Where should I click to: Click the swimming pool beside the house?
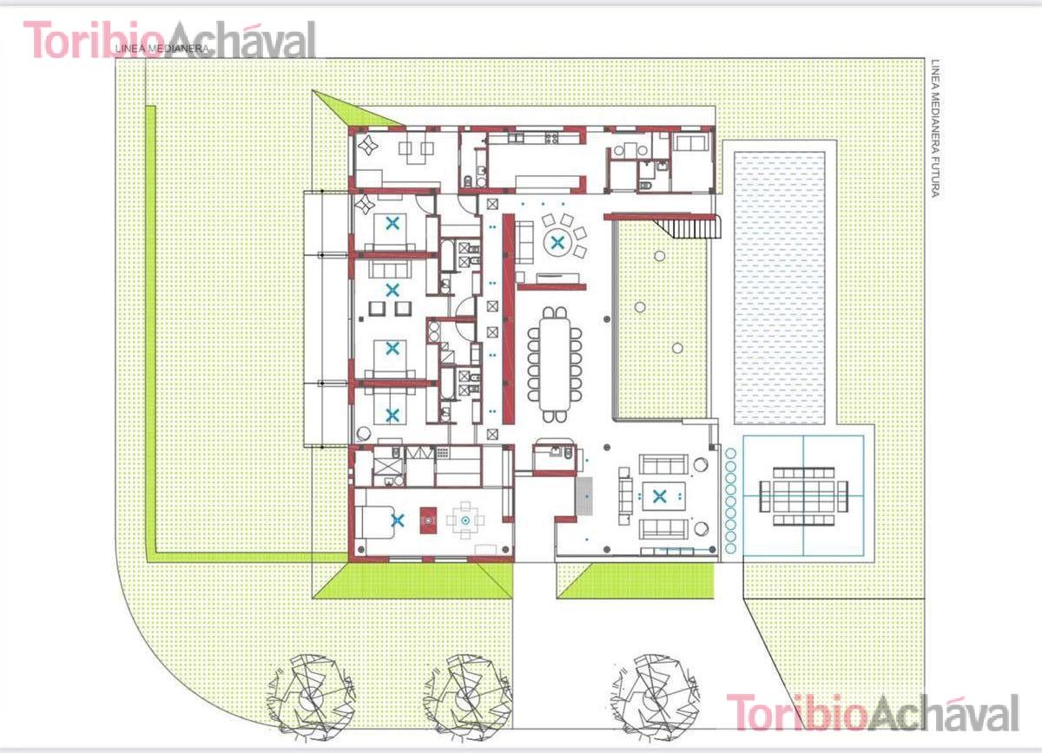coord(779,288)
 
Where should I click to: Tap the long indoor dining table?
coord(555,364)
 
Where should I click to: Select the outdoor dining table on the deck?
coord(803,496)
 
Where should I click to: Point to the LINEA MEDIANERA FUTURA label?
coord(936,128)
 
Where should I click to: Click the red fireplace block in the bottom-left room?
coord(428,521)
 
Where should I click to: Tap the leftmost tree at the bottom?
coord(310,698)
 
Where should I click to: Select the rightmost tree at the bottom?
coord(656,698)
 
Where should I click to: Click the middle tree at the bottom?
coord(468,698)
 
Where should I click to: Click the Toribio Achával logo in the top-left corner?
coord(170,40)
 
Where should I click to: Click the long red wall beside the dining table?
coord(509,318)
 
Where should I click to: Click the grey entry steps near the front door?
coord(584,496)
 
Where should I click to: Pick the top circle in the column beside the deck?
coord(730,453)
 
